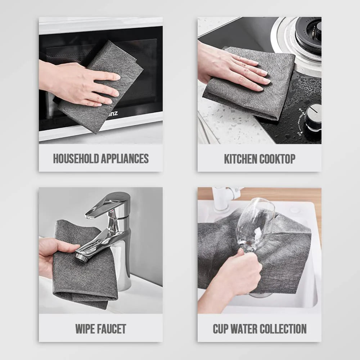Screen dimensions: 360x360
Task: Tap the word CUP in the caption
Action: coord(220,329)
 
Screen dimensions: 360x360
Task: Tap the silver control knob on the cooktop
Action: coord(313,116)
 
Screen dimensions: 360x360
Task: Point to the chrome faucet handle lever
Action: coord(108,204)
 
